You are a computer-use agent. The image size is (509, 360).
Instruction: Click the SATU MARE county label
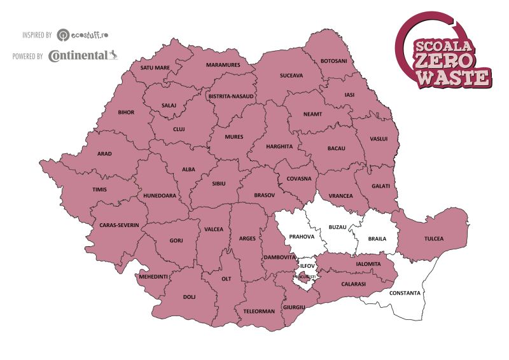pos(155,67)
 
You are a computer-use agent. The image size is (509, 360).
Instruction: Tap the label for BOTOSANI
pos(334,60)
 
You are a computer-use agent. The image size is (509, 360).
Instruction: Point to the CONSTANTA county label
pos(405,293)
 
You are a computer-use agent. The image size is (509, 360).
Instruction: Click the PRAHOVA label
pos(302,237)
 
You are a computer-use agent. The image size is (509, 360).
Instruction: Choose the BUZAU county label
pos(338,227)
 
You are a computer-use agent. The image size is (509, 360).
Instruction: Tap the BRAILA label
pos(377,240)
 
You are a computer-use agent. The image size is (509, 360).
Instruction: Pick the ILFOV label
pos(308,265)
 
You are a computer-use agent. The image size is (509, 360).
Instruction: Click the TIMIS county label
pos(99,189)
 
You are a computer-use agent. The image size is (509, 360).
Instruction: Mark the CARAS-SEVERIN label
pos(119,225)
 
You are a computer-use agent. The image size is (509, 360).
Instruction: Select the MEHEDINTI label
pos(153,276)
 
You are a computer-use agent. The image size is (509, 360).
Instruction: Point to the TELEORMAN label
pos(258,311)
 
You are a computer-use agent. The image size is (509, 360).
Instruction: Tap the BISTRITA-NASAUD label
pos(231,96)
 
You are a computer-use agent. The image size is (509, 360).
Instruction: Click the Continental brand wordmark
pos(78,56)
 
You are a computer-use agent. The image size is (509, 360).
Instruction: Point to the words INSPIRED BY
pos(37,34)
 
